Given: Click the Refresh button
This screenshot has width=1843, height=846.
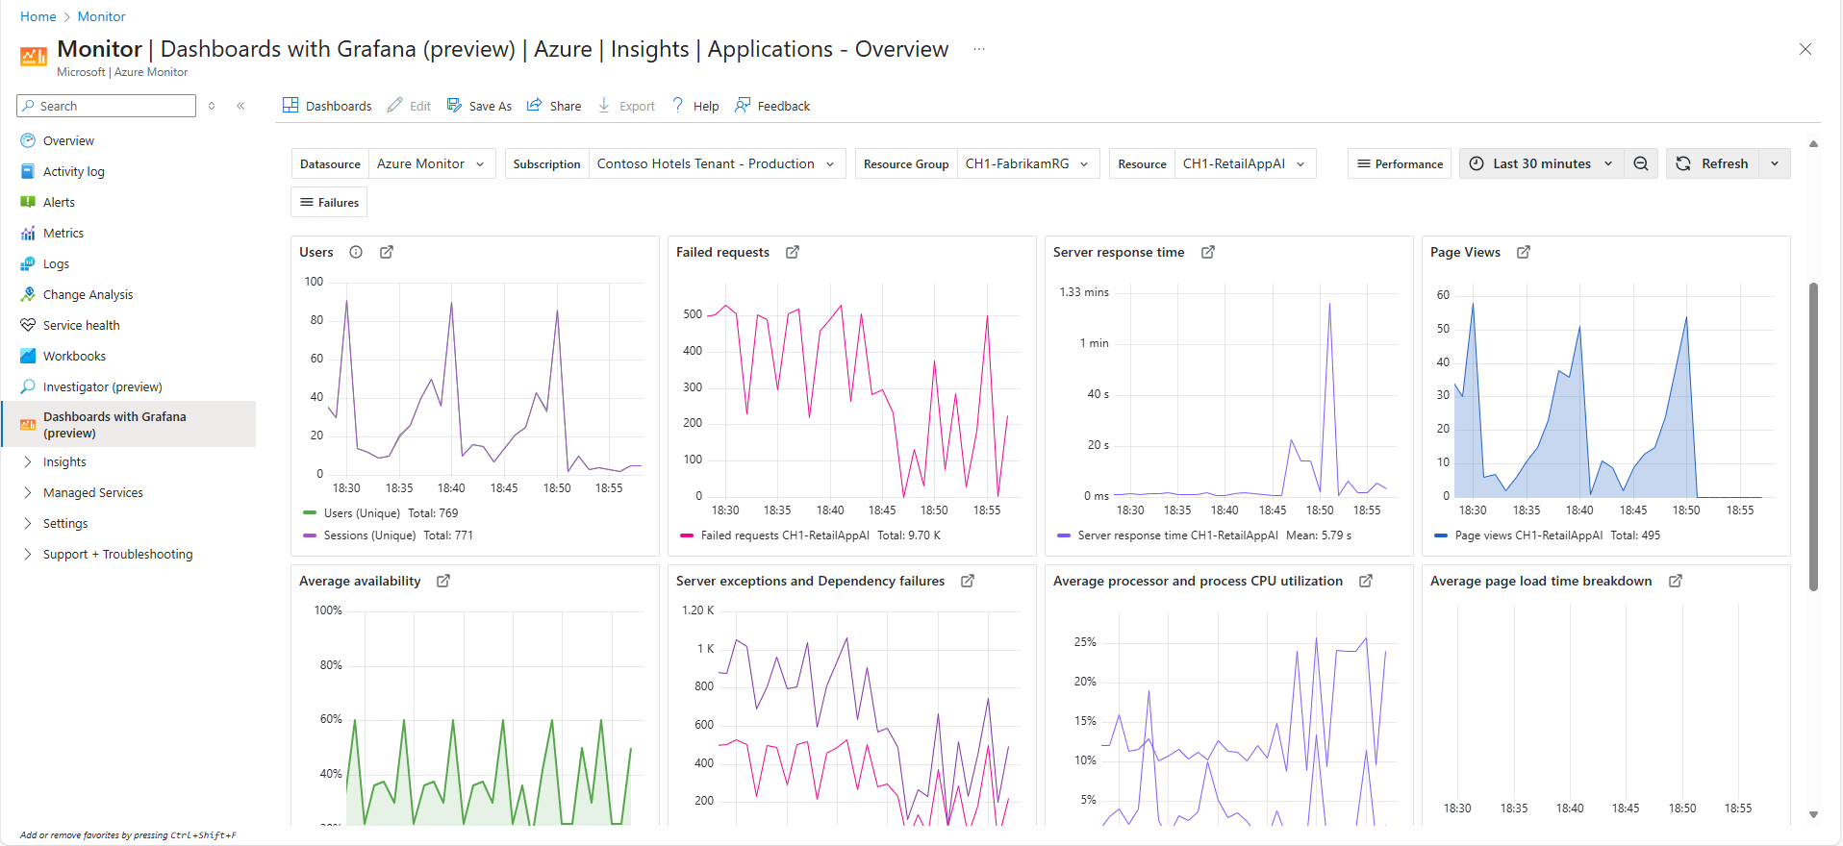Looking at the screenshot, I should click(1713, 163).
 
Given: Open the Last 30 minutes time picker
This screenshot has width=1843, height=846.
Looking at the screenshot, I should click(1541, 163).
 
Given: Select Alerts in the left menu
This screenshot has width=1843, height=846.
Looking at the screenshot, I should click(59, 202).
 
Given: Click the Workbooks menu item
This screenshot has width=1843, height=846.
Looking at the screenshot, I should click(74, 356).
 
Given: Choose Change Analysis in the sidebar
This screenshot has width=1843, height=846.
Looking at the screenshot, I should click(88, 294).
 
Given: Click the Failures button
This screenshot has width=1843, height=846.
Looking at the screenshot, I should click(329, 202).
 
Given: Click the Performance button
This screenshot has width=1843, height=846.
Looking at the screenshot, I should click(1400, 163).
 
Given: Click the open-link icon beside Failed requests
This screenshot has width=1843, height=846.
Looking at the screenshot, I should click(793, 252).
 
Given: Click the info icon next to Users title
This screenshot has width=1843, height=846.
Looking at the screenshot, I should click(356, 252).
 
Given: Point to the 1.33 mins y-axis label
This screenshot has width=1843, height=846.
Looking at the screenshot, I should click(1083, 292).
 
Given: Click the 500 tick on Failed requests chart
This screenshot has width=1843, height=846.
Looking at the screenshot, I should click(693, 314).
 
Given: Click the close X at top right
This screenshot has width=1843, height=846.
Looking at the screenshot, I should click(1805, 49).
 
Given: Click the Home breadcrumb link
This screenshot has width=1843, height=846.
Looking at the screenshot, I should click(38, 16).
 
